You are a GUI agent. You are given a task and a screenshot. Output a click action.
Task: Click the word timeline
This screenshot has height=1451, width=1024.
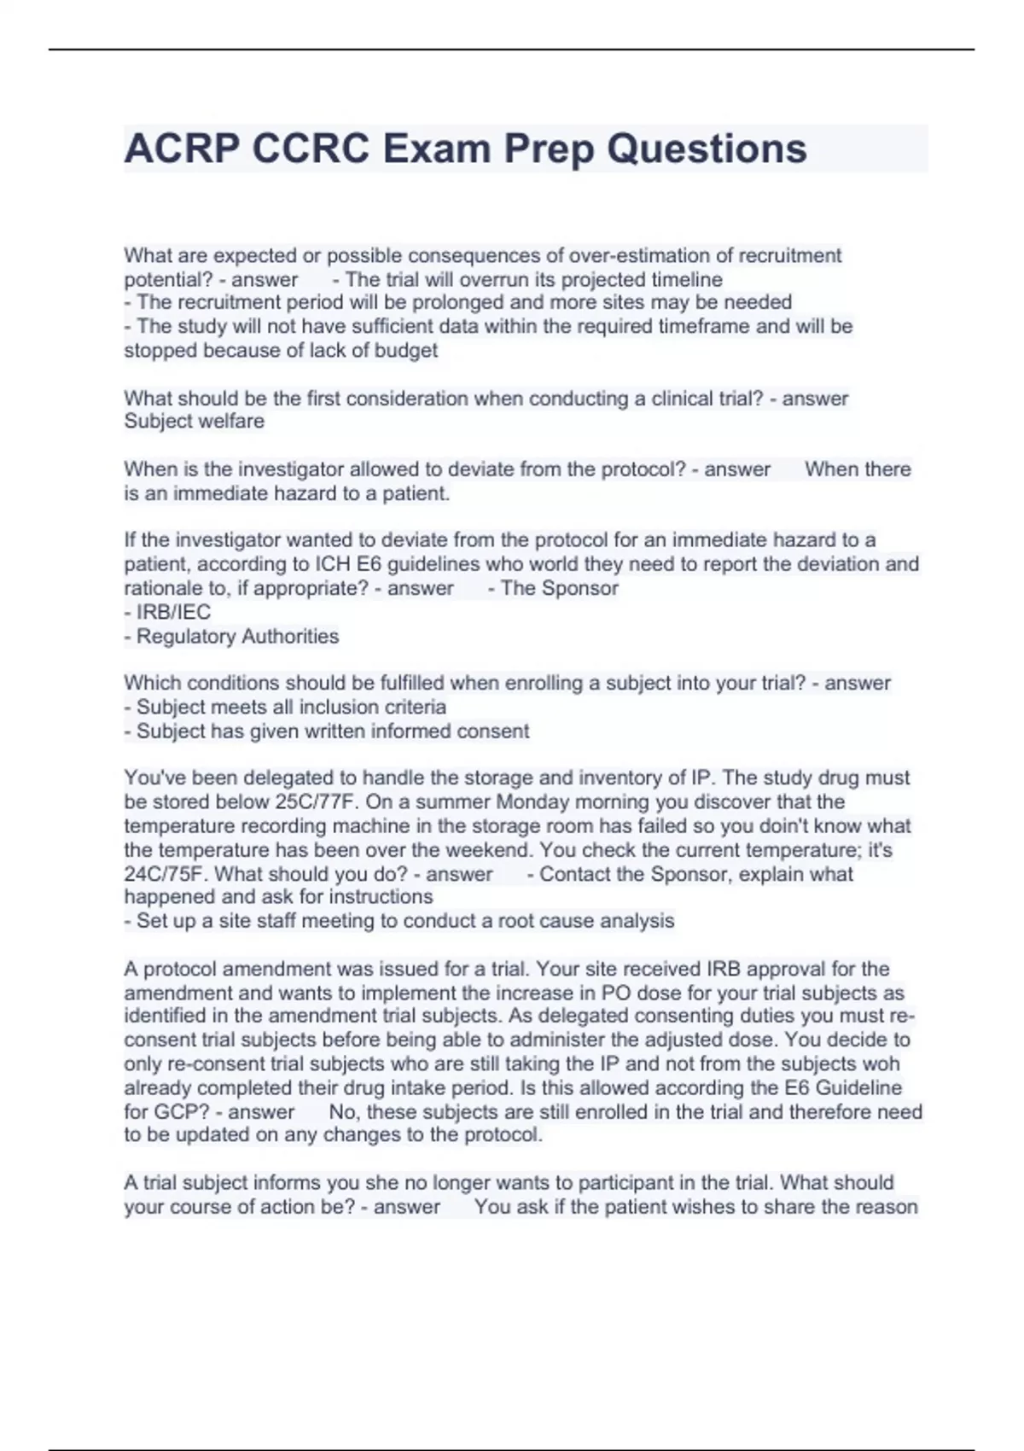click(x=687, y=279)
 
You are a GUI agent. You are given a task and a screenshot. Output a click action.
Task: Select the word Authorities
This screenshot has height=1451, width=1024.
click(x=289, y=636)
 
